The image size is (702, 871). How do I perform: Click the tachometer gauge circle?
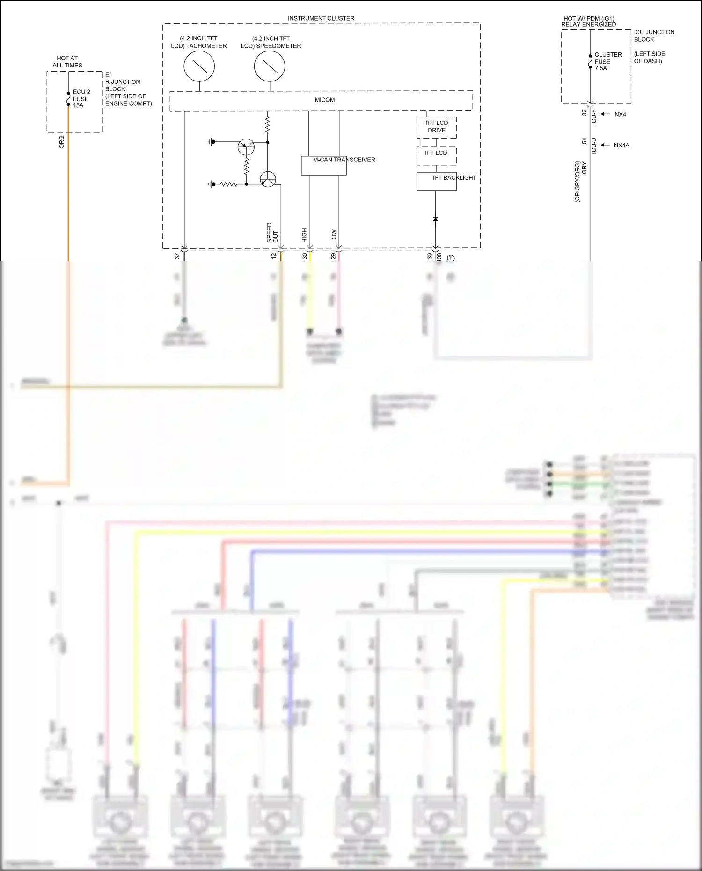coord(199,66)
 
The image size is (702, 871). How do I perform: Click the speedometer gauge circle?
coord(270,66)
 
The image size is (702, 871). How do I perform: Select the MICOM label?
coord(325,100)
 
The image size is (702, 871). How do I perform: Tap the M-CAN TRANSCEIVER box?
coord(324,166)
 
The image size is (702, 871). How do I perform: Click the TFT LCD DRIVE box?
coord(436,127)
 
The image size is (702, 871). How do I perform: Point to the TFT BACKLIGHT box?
coord(436,182)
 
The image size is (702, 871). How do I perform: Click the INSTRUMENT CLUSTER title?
coord(321,18)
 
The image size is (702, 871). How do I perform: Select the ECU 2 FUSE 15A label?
coord(81,99)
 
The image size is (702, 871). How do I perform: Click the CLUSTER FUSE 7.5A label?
coord(608,61)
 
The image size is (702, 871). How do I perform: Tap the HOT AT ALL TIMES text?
coord(67,62)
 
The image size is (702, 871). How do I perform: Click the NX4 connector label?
coord(620,114)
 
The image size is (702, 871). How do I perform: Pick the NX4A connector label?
coord(622,146)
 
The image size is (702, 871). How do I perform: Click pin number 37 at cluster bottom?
coord(177,256)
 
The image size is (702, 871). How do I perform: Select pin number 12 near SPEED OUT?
coord(274,256)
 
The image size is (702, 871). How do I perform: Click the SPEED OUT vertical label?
coord(272,233)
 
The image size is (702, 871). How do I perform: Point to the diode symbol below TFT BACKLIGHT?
coord(436,219)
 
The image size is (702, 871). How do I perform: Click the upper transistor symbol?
coord(246,147)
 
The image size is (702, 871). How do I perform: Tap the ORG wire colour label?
coord(61,142)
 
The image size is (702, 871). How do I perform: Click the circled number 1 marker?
coord(451,258)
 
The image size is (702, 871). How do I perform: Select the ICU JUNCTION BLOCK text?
coord(654,36)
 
